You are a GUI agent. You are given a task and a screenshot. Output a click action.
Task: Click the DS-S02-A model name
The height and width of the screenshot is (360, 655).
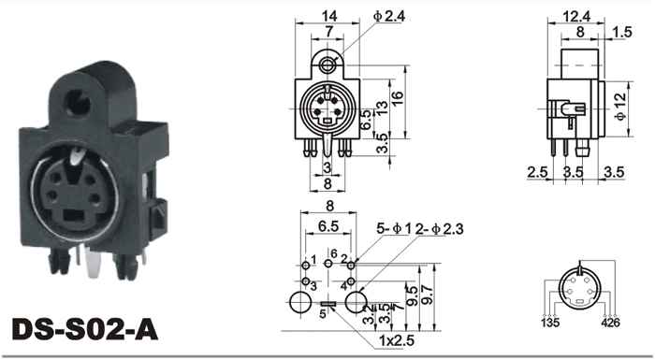pos(85,329)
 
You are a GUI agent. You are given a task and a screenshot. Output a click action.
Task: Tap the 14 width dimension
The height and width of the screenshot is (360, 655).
pos(329,16)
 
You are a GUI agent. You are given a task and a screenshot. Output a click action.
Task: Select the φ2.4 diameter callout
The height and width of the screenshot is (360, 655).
pos(389,16)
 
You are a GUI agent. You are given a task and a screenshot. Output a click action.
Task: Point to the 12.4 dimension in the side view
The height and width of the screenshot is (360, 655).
pos(576,16)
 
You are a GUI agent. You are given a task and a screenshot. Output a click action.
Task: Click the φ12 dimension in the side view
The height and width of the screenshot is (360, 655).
pos(620,107)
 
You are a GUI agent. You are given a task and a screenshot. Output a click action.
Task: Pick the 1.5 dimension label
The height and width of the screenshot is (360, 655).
pos(623,32)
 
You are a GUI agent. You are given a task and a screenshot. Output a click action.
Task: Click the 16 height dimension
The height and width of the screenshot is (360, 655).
pos(398,97)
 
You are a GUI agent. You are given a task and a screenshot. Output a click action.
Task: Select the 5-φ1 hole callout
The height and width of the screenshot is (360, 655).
pos(394,228)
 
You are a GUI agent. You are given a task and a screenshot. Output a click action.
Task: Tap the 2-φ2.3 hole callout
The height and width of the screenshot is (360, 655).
pos(440,228)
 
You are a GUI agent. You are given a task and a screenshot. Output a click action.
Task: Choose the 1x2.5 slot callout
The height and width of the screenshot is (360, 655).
pos(397,340)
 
